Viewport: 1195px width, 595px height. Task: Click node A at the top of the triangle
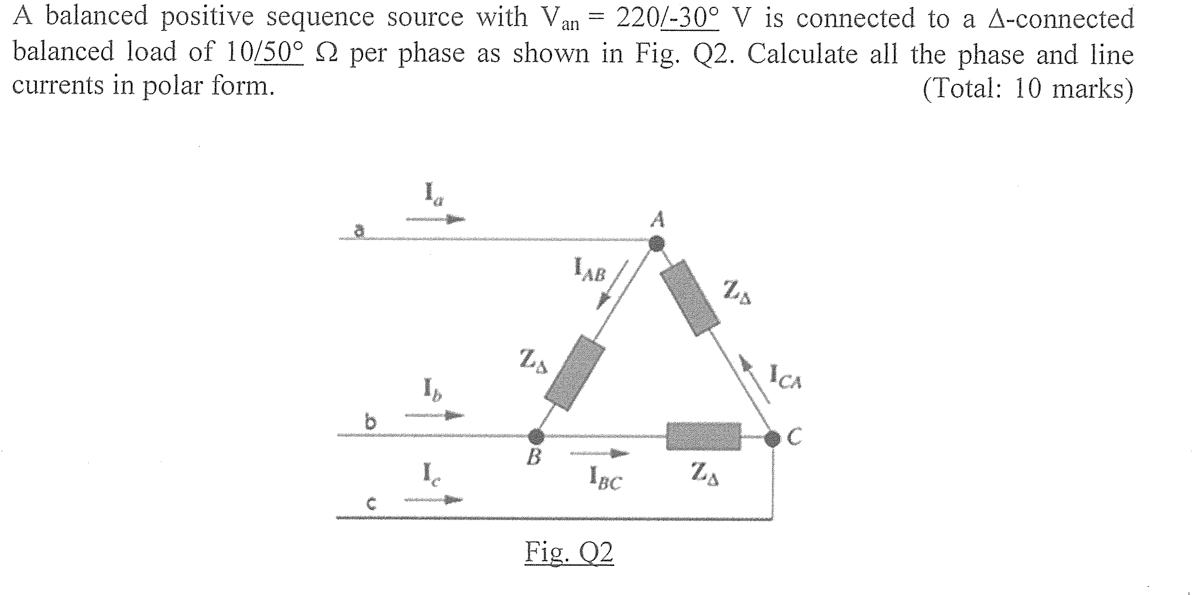[656, 243]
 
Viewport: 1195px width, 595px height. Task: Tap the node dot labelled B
[537, 436]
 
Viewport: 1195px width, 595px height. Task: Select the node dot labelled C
[772, 438]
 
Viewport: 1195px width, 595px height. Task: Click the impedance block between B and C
[703, 436]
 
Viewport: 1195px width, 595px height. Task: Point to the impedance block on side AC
[689, 298]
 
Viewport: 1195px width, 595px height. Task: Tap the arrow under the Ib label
[434, 415]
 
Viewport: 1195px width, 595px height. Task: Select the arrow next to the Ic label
[433, 499]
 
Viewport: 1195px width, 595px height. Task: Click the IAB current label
[590, 271]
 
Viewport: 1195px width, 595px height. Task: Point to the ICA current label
[785, 376]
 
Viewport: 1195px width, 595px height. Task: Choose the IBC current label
[605, 478]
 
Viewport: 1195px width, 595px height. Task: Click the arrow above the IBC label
[599, 453]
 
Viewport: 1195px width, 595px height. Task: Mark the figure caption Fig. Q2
[569, 553]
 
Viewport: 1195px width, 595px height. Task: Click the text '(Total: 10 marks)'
[1027, 88]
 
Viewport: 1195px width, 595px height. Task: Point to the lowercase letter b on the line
[371, 422]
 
